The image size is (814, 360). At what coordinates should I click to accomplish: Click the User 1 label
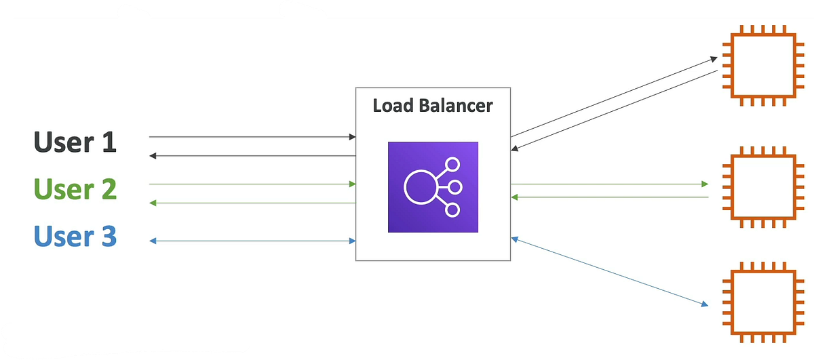[x=75, y=143]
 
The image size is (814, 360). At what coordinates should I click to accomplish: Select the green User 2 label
[x=75, y=189]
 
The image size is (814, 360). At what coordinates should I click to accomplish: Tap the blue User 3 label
[x=75, y=237]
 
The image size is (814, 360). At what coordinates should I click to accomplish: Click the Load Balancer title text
[x=433, y=106]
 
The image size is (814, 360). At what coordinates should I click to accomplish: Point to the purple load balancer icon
[x=433, y=187]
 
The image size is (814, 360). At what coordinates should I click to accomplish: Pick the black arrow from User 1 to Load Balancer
[x=251, y=137]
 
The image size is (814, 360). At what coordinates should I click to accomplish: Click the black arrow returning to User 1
[x=251, y=156]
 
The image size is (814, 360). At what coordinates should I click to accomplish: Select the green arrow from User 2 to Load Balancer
[x=251, y=184]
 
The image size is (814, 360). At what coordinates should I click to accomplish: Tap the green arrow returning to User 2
[x=251, y=203]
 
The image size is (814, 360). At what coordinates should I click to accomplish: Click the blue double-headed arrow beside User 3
[x=251, y=241]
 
